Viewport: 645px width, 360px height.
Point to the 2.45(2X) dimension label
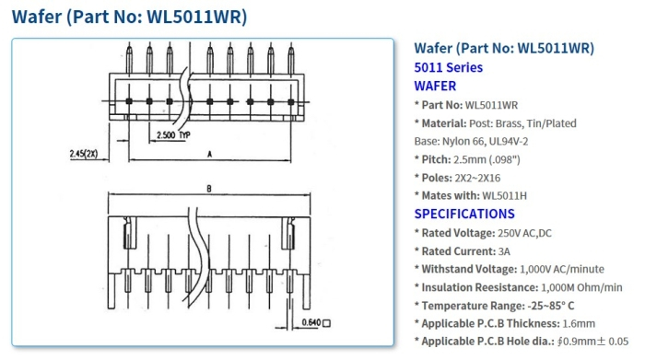pos(85,154)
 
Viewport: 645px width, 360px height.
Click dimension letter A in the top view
pos(210,154)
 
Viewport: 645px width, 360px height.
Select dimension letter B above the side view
pos(209,189)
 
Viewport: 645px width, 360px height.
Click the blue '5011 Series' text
pos(448,67)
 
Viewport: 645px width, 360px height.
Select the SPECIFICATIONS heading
pos(464,214)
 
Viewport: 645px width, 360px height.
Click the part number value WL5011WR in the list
pos(491,105)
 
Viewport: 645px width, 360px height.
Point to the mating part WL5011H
pos(508,195)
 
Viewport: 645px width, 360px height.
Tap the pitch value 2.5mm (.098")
pos(493,159)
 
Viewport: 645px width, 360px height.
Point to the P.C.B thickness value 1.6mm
pos(579,323)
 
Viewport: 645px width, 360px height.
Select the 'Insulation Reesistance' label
pos(479,287)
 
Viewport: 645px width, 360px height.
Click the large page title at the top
pos(129,17)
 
